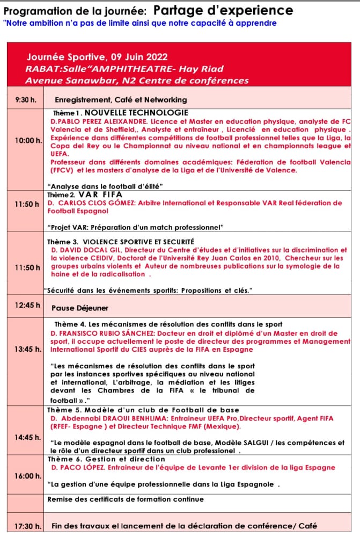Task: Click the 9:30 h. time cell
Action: coord(25,100)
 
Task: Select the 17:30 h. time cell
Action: coord(26,526)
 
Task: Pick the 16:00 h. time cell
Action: coord(28,476)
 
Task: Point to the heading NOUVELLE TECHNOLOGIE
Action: coord(136,113)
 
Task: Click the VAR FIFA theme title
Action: coord(100,194)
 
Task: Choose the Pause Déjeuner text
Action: coord(80,308)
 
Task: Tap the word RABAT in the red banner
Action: coord(39,69)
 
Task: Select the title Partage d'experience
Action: coord(223,11)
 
